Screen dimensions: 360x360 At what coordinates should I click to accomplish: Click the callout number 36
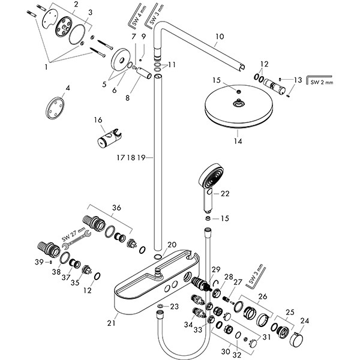[116, 208]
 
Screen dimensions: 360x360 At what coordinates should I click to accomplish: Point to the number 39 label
[38, 262]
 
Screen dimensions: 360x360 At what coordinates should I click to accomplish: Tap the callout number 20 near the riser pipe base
[172, 245]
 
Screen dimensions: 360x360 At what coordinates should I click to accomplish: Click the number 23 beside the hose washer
[174, 307]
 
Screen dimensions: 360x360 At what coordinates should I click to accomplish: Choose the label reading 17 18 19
[131, 157]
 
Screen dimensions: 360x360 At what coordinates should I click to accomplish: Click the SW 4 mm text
[136, 20]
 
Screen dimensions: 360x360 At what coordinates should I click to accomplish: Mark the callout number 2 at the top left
[76, 5]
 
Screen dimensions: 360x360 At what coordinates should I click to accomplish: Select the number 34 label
[188, 325]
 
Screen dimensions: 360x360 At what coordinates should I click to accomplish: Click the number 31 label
[266, 337]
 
